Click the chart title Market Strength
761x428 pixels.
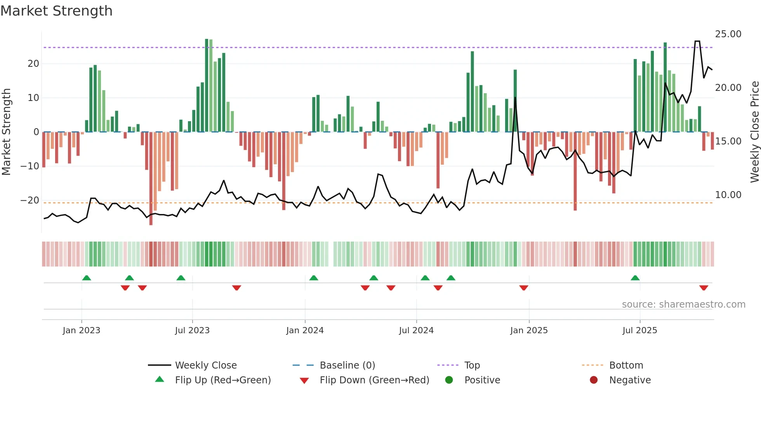click(x=57, y=11)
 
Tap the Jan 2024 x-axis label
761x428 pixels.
click(x=305, y=331)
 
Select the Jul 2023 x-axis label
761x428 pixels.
click(x=192, y=331)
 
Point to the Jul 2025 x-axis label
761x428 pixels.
click(x=639, y=331)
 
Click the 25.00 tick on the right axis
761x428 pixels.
click(x=728, y=34)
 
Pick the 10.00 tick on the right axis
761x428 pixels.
click(x=728, y=195)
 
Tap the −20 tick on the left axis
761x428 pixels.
click(x=30, y=200)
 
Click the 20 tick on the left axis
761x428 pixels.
click(x=33, y=64)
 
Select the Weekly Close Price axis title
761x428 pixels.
click(x=754, y=132)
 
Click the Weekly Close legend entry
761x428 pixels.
click(x=205, y=365)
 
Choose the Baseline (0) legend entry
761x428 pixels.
click(x=347, y=365)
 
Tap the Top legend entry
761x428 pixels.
click(x=472, y=365)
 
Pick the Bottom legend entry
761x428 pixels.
click(x=626, y=365)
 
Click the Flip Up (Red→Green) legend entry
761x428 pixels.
click(x=222, y=380)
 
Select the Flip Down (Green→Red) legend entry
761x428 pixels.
click(x=374, y=380)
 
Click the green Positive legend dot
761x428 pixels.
click(x=449, y=380)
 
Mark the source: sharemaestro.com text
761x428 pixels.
click(x=683, y=304)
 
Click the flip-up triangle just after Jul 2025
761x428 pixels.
click(x=635, y=278)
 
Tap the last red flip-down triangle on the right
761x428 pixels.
click(x=704, y=288)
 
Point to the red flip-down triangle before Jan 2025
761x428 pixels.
click(x=524, y=288)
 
